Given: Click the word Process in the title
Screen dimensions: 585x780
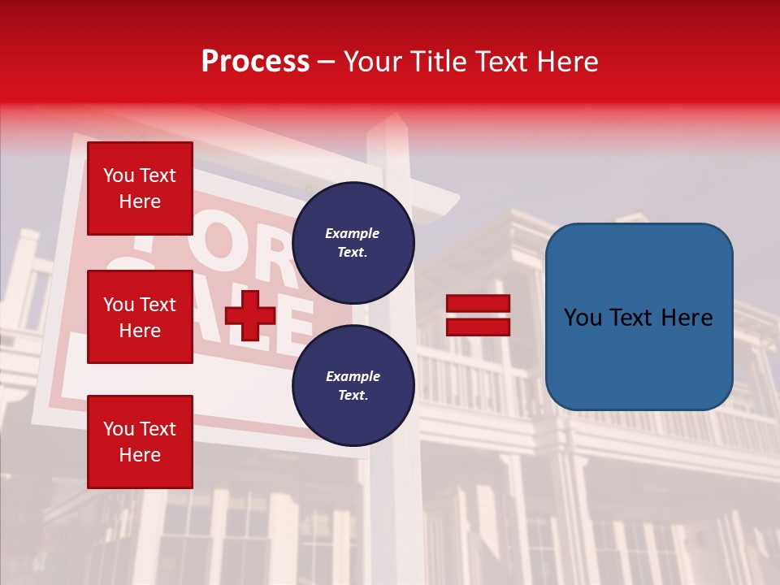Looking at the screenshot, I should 255,62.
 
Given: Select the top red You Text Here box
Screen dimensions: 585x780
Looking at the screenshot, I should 140,188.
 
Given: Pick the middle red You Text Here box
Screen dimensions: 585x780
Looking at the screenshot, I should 140,317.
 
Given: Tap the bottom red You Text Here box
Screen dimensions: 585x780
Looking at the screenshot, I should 140,442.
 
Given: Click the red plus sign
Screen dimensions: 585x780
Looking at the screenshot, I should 250,315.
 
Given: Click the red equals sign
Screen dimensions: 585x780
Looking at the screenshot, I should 479,315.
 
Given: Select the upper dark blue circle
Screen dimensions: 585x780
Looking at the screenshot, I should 353,242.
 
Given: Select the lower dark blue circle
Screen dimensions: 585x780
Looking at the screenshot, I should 353,385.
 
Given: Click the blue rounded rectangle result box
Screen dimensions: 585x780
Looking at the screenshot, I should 639,317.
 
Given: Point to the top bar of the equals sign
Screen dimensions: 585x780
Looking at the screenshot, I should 479,304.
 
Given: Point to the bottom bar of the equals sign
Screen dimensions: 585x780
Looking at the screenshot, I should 479,327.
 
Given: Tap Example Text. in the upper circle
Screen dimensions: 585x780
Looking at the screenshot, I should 353,242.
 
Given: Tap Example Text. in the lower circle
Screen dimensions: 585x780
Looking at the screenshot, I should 353,385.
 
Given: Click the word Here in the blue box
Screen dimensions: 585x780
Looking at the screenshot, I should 687,318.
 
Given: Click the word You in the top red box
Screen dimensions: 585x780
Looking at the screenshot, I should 119,175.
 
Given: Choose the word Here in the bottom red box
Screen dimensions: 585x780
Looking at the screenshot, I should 140,455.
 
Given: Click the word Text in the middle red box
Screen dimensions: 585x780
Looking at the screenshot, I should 158,305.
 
